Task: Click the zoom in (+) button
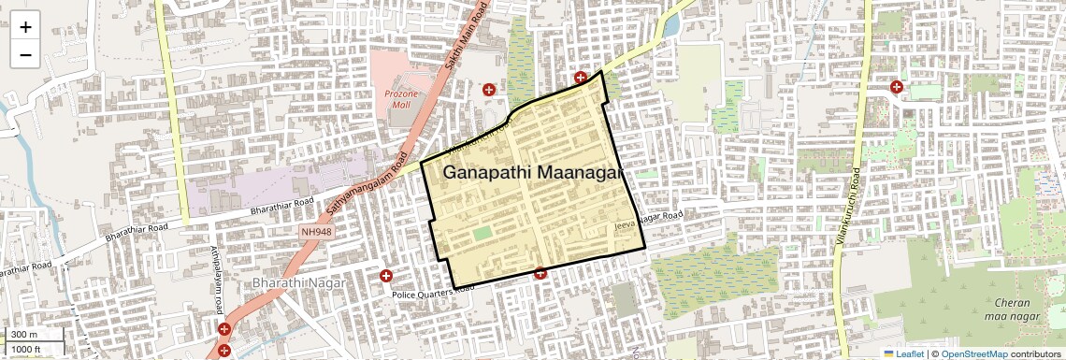point(25,26)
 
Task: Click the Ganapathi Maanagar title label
point(531,173)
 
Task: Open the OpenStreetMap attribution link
point(973,353)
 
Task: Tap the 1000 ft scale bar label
point(27,349)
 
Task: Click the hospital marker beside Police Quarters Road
point(385,276)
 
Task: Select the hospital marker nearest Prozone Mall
point(488,90)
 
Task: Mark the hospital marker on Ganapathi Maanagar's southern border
point(540,273)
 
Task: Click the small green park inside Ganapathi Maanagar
point(482,233)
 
